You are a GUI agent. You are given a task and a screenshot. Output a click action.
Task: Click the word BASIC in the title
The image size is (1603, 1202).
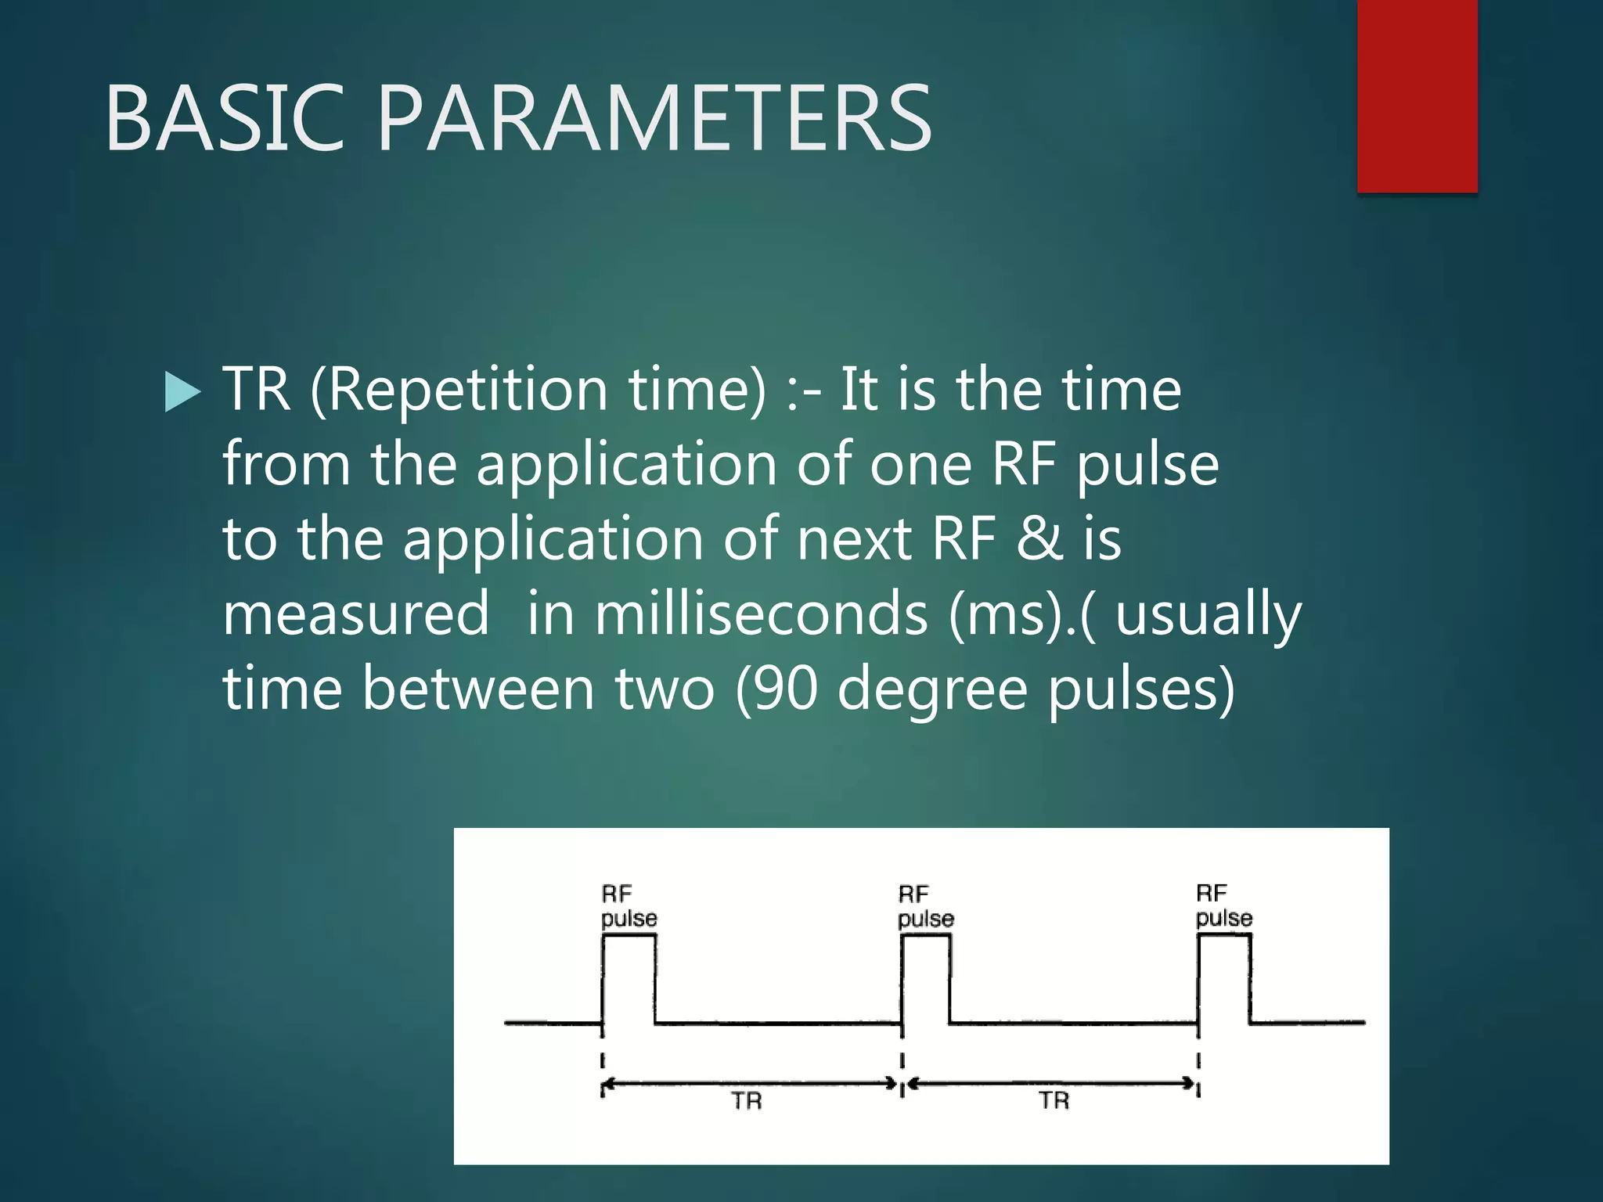tap(225, 119)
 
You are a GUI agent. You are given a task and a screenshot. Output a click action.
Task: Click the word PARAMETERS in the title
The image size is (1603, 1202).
tap(654, 119)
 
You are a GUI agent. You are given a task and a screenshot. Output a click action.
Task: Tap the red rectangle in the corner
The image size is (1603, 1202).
tap(1417, 95)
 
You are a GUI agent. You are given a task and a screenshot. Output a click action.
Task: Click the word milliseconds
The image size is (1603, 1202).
tap(761, 614)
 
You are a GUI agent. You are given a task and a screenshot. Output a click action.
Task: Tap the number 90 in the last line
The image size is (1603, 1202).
tap(787, 689)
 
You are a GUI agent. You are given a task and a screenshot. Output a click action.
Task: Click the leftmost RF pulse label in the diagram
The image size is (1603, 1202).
tap(628, 906)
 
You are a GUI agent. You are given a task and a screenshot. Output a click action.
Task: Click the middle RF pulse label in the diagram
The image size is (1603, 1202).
tap(924, 906)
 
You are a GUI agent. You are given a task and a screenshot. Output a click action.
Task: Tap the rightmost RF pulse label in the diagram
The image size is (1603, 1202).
tap(1223, 905)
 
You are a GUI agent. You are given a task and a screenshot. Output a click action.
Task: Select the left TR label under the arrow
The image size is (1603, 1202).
tap(746, 1101)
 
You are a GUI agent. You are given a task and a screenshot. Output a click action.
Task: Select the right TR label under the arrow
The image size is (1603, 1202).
tap(1054, 1100)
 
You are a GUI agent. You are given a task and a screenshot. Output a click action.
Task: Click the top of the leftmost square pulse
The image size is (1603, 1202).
tap(629, 936)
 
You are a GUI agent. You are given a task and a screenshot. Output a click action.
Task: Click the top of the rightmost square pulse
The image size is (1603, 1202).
tap(1223, 936)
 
